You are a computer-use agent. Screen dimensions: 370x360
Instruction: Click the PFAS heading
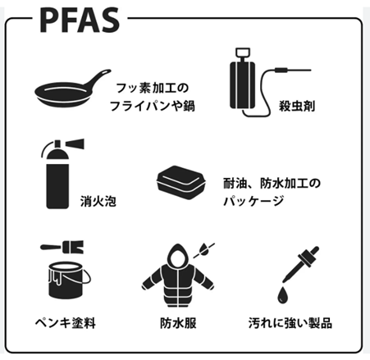80,21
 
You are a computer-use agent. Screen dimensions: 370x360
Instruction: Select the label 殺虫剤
297,106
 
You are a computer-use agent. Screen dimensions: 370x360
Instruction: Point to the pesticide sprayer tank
242,84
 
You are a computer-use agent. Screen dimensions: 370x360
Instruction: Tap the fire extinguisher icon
62,174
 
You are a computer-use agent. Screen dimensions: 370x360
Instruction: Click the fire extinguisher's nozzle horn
75,144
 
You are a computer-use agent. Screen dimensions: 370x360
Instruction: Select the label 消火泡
98,201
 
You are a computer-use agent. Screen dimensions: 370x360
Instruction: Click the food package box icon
181,182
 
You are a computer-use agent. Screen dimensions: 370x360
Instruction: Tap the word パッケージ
254,202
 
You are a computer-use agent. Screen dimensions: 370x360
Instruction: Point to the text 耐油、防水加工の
272,184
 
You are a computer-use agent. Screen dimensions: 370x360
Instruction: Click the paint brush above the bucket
62,247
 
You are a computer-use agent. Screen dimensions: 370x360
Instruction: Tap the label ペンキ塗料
66,323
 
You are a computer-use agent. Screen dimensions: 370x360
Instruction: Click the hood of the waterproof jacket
178,255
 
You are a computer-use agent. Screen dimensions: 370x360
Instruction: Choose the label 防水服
178,323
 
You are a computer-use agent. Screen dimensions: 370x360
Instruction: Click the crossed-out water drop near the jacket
203,250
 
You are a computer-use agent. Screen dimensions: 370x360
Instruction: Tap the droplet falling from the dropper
283,295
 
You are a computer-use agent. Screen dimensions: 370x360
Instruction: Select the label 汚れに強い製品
290,323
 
